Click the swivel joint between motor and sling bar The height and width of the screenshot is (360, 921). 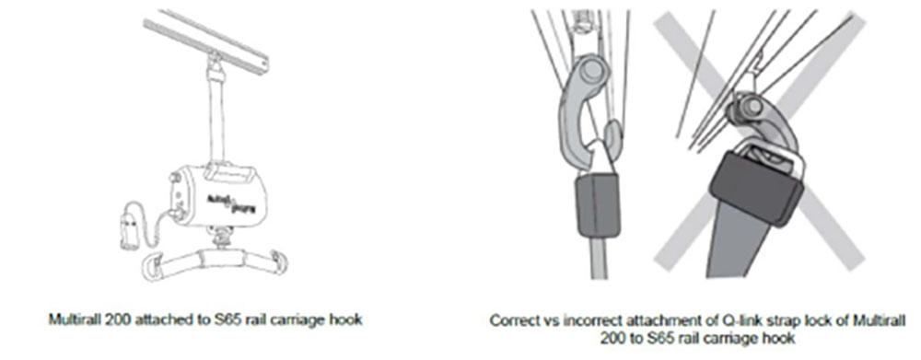pyautogui.click(x=221, y=240)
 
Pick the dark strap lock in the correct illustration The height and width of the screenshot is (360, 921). pyautogui.click(x=598, y=204)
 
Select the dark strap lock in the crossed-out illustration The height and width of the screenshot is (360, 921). pyautogui.click(x=756, y=188)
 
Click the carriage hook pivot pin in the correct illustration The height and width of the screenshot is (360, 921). pyautogui.click(x=591, y=71)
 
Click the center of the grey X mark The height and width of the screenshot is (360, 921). pyautogui.click(x=758, y=141)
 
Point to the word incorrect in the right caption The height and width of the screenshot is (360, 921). pyautogui.click(x=590, y=320)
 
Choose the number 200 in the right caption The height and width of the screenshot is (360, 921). pyautogui.click(x=612, y=338)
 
